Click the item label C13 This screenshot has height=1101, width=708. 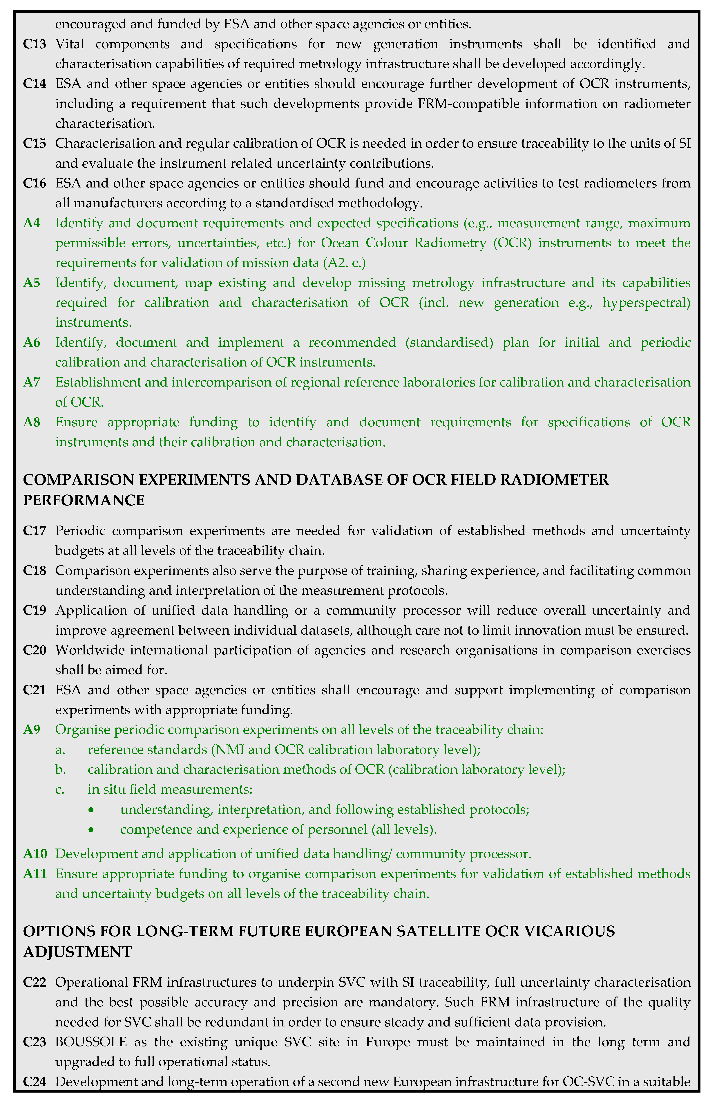35,44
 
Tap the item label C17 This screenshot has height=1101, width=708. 35,531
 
